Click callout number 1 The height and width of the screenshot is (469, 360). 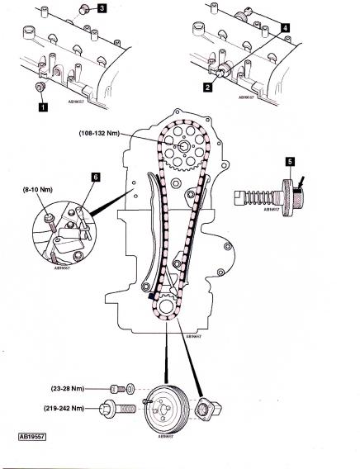[x=39, y=106]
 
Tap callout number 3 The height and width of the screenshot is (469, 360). [x=102, y=9]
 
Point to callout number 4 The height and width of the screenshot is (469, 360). [x=285, y=27]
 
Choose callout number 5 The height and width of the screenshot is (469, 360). [x=290, y=162]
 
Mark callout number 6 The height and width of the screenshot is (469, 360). [x=96, y=177]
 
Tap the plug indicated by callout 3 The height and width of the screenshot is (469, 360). [x=84, y=11]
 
